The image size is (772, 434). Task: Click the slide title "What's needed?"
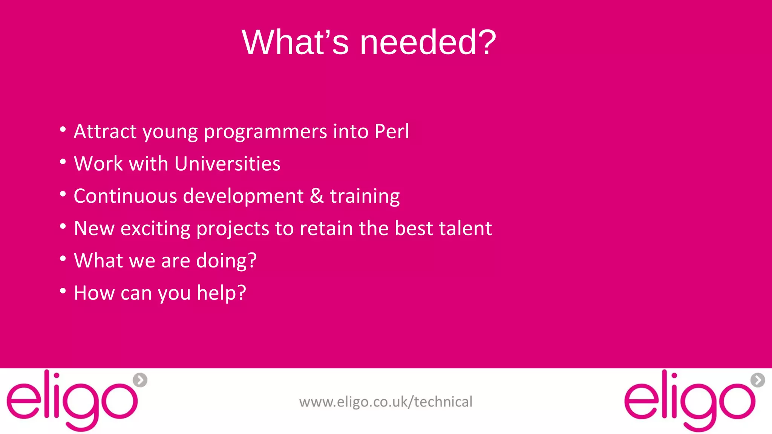click(369, 42)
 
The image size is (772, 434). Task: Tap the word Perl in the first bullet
click(392, 131)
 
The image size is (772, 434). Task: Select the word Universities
click(227, 164)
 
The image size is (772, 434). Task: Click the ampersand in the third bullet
click(317, 196)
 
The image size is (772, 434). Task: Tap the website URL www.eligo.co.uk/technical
click(386, 402)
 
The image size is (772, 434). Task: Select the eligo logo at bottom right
click(690, 401)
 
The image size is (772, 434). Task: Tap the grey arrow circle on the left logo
click(140, 380)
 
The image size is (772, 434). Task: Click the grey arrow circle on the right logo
click(758, 380)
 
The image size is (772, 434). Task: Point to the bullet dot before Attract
click(63, 130)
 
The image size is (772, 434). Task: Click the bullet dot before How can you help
click(63, 291)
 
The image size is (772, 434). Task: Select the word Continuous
click(125, 196)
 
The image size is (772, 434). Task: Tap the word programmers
click(265, 131)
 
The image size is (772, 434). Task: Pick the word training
click(365, 196)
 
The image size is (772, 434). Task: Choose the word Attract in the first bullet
click(105, 131)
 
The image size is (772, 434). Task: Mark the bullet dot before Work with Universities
click(63, 162)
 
